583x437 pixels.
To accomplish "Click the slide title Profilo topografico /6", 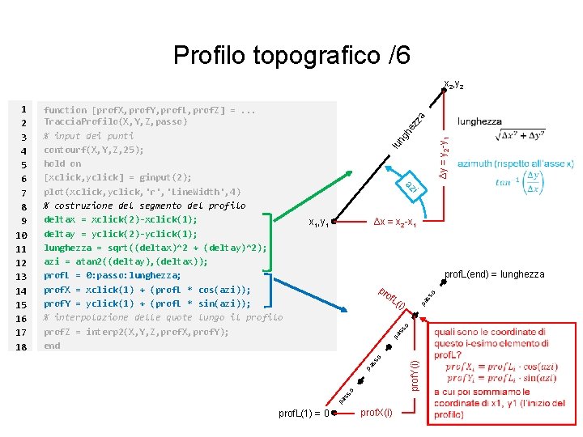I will pos(291,55).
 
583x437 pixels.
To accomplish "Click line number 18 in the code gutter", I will pos(22,346).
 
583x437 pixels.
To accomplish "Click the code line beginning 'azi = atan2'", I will pos(126,261).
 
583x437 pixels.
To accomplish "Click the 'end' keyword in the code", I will pos(52,346).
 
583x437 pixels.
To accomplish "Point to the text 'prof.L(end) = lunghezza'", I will pos(495,275).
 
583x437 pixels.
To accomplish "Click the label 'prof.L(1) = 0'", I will pos(303,414).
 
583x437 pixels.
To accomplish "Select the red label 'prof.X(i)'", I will pos(377,413).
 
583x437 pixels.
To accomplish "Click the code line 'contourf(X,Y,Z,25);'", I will pos(94,150).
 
